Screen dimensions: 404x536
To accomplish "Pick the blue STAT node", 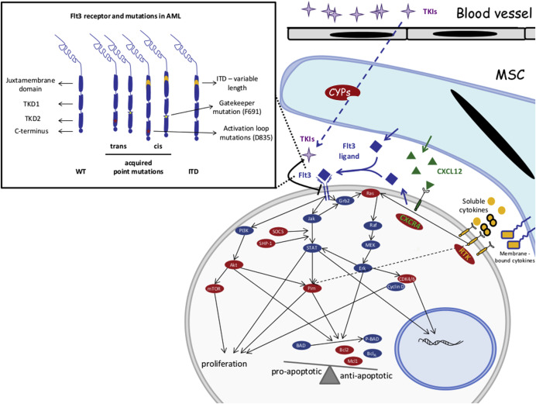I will coord(311,249).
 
